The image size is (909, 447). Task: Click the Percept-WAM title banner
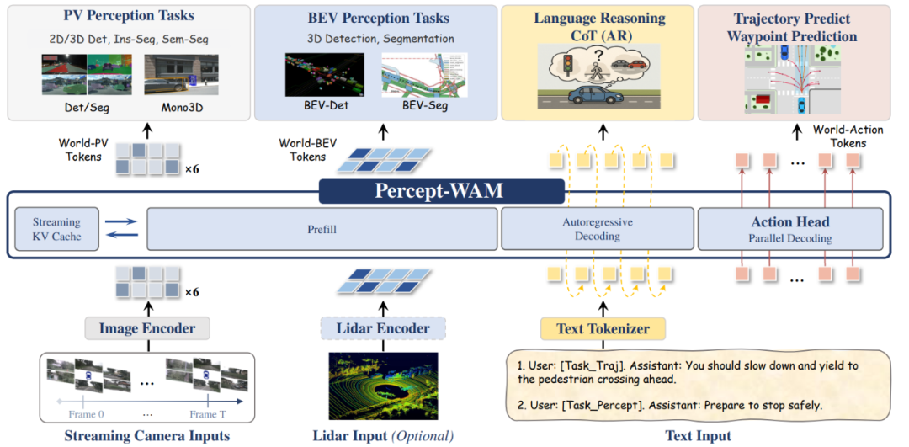tap(442, 191)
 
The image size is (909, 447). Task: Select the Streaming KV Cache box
tap(56, 229)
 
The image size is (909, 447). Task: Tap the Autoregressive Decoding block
tap(597, 229)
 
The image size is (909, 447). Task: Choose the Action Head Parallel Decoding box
tap(789, 229)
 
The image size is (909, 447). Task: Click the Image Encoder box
tap(146, 328)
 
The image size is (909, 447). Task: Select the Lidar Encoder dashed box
tap(382, 328)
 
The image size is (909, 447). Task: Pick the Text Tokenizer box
tap(602, 328)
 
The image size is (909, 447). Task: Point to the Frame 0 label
tap(88, 414)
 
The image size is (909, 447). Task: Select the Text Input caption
tap(697, 435)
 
